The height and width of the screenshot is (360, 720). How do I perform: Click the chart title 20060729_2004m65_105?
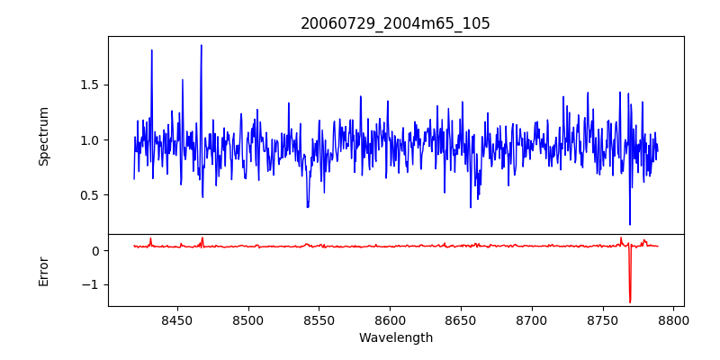(x=395, y=23)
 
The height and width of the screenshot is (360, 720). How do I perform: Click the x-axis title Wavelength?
(x=395, y=338)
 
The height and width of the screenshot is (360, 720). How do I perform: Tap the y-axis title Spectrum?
(x=44, y=136)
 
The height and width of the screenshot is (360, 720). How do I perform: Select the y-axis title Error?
(x=44, y=271)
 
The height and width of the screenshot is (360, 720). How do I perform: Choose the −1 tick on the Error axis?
(x=91, y=284)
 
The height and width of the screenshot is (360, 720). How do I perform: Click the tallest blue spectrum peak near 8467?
(x=201, y=45)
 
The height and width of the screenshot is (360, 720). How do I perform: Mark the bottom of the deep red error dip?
(x=630, y=302)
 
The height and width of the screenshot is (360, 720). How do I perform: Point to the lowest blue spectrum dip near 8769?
(x=630, y=224)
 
